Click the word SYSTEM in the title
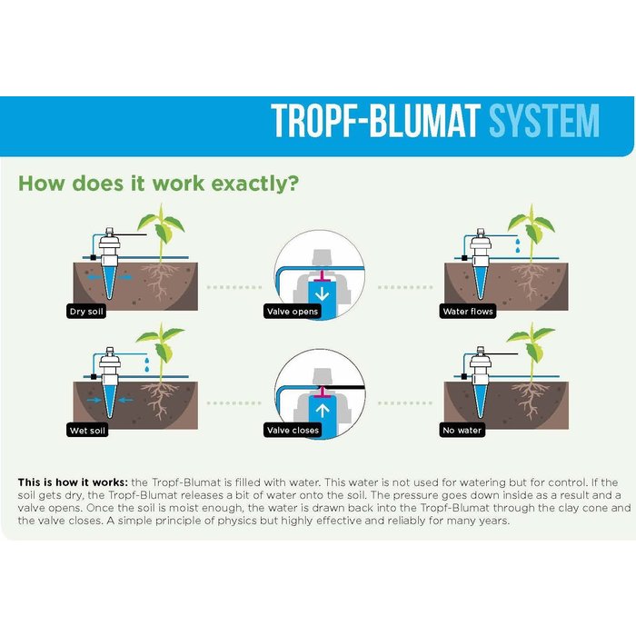click(544, 122)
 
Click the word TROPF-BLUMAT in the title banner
click(377, 122)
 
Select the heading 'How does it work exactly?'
click(159, 183)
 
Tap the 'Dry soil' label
click(87, 312)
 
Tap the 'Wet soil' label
click(87, 430)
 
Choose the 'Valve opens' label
click(292, 312)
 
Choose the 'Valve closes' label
click(292, 430)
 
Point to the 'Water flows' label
click(468, 312)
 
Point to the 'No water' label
click(462, 430)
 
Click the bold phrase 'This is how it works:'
click(72, 481)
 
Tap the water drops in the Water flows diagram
click(515, 243)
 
